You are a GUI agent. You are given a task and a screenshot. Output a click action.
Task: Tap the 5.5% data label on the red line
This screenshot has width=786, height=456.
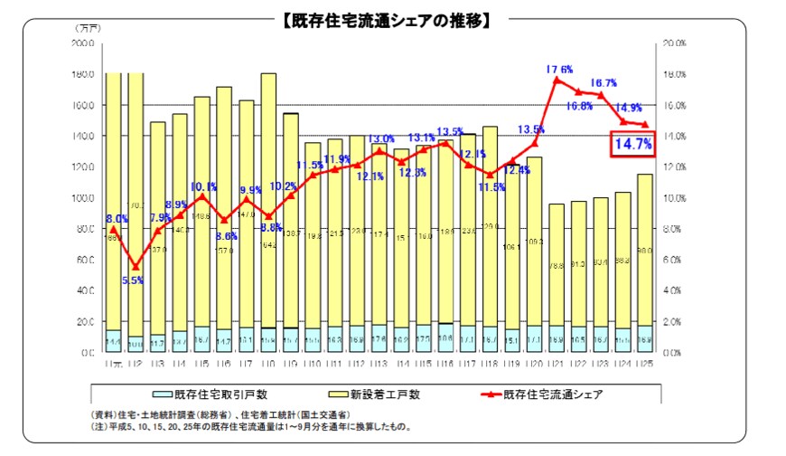pos(134,280)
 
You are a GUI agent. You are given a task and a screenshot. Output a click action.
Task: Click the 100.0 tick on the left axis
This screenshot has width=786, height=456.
pos(84,198)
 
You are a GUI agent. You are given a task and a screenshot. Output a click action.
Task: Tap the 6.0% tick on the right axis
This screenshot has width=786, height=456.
pos(673,260)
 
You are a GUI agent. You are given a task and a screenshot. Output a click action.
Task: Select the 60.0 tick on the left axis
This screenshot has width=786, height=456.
pos(84,260)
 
